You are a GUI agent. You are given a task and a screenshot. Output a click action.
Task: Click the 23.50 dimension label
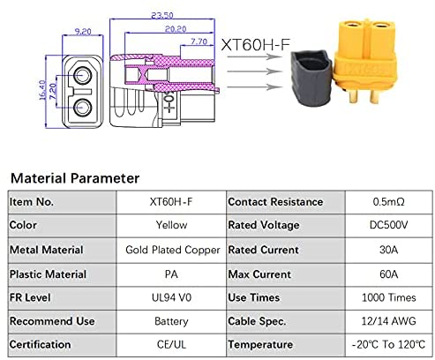point(162,15)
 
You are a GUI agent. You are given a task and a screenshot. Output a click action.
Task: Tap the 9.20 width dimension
point(83,31)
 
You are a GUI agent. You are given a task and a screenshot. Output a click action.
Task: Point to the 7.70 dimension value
point(199,41)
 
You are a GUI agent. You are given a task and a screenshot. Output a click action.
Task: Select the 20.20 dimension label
point(176,29)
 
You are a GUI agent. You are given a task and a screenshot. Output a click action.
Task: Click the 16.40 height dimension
point(42,90)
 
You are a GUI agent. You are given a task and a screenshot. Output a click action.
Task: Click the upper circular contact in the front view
point(82,76)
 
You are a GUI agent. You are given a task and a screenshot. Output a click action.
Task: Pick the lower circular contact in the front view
point(82,108)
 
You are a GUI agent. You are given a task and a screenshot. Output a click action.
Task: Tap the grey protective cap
point(311,78)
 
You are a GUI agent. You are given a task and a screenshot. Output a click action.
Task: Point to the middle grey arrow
point(255,71)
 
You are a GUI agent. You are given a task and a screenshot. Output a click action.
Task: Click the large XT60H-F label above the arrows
point(255,45)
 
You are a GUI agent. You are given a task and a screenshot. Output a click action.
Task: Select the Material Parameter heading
point(75,178)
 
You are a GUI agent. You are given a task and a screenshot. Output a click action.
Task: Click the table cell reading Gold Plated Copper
point(173,250)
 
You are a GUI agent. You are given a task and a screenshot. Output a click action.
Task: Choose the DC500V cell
point(388,225)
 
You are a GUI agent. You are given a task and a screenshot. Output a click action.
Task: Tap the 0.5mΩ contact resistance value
point(388,202)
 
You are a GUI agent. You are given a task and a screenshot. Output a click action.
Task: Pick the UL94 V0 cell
point(171,297)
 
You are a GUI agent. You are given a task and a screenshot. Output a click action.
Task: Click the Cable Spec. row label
point(257,321)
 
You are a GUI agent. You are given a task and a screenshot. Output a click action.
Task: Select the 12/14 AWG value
point(388,321)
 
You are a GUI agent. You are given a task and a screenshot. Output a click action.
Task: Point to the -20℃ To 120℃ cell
point(388,344)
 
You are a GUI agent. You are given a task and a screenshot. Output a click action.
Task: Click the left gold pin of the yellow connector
point(353,96)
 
